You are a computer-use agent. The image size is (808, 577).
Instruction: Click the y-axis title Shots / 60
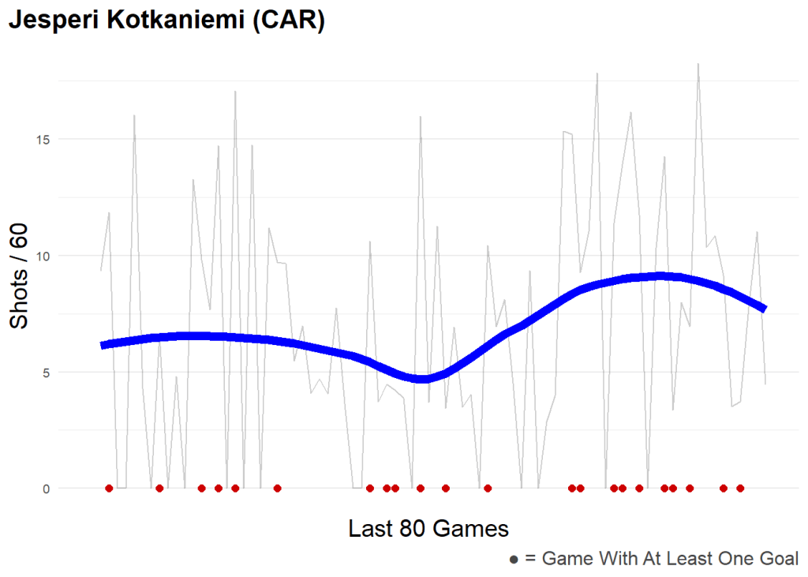click(x=19, y=275)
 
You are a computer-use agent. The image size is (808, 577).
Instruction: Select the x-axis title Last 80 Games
click(x=428, y=528)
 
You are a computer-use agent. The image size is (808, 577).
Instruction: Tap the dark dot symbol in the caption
click(x=514, y=560)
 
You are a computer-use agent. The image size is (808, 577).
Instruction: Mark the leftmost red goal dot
click(x=109, y=489)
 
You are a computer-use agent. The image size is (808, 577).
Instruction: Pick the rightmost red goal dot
click(x=740, y=489)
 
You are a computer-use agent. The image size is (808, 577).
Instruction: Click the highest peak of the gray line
click(x=698, y=64)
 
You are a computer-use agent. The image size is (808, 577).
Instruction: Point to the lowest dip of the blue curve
click(x=423, y=379)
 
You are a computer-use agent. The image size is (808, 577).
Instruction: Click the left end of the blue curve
click(x=103, y=345)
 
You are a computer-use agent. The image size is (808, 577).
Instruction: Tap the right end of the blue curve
click(x=764, y=308)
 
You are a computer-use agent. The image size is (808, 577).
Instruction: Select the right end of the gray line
click(x=765, y=384)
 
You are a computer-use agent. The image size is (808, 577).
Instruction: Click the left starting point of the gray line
click(x=101, y=271)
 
